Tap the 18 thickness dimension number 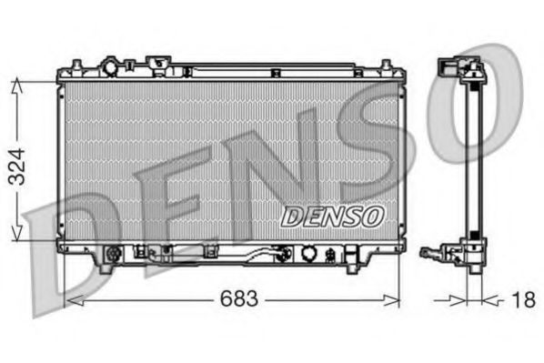[522, 298]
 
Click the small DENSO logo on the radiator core [333, 216]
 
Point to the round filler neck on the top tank [111, 67]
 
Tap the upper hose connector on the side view [448, 68]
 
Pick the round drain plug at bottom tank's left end [114, 255]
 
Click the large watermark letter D [73, 255]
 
